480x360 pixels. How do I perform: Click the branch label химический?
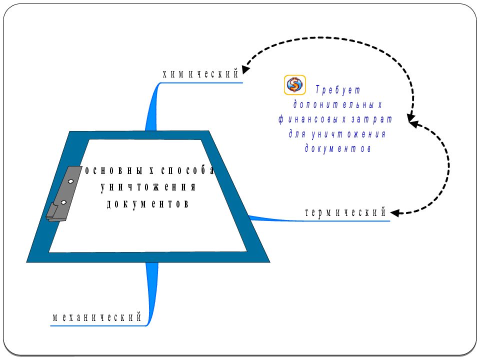(200, 74)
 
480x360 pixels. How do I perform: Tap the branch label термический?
(345, 212)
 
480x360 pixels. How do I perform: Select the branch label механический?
(97, 317)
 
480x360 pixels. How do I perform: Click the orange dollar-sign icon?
(294, 85)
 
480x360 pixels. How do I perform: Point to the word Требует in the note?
(338, 89)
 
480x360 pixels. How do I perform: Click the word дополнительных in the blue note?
(337, 104)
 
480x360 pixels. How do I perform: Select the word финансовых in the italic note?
(309, 119)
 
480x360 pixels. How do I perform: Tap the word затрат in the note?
(371, 119)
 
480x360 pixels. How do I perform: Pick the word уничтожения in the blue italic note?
(348, 134)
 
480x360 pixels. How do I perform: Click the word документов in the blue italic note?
(337, 149)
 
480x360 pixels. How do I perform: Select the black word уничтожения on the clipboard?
(148, 187)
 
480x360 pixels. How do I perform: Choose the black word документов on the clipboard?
(147, 204)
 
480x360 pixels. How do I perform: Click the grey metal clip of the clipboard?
(63, 193)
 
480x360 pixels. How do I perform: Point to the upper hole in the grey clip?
(70, 181)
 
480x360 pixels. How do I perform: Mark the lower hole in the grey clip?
(63, 202)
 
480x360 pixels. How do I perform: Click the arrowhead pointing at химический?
(245, 69)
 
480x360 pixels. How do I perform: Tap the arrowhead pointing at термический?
(395, 213)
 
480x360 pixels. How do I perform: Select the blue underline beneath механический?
(98, 325)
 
